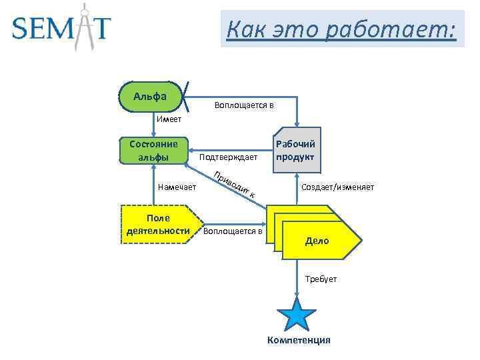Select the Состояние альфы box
153,151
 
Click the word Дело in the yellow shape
317,241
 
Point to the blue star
296,313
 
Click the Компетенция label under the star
298,341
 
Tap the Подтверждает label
228,157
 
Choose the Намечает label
177,187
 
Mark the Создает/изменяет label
338,187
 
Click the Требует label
321,279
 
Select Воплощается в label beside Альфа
244,105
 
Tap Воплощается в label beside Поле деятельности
233,231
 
